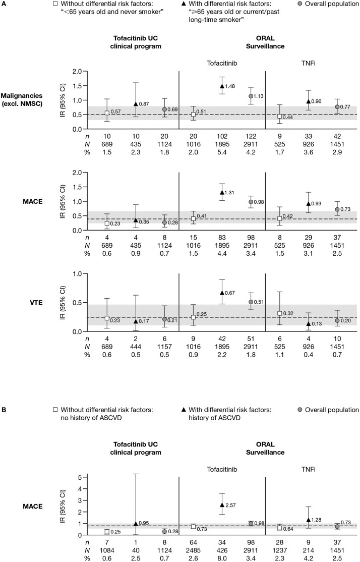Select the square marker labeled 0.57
pyautogui.click(x=107, y=113)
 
